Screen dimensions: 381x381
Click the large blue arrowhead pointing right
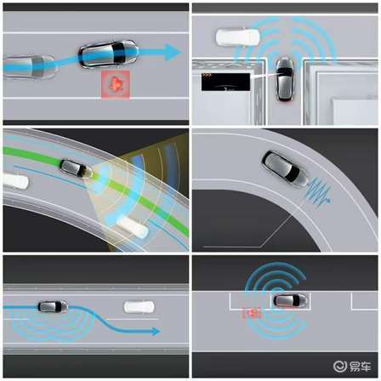point(173,52)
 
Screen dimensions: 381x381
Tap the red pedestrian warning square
point(116,84)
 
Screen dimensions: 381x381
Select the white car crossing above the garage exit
point(238,37)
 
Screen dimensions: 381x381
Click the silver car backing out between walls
point(284,79)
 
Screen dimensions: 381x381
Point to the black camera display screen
point(226,82)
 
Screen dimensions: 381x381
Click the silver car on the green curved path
point(76,168)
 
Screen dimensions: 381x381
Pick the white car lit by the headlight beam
point(133,226)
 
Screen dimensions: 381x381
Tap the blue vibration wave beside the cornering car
point(318,190)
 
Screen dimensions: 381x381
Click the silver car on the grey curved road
point(285,168)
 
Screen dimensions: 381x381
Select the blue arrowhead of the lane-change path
point(156,331)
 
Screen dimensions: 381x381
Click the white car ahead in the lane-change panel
point(139,307)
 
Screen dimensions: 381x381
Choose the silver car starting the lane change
point(53,307)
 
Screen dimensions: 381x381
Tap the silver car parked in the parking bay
point(290,300)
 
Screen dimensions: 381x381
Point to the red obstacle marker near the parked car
point(252,313)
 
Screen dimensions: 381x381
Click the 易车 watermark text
point(360,367)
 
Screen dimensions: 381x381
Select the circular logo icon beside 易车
point(339,367)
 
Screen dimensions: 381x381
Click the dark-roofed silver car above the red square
point(108,54)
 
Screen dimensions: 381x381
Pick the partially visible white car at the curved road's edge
point(15,181)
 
